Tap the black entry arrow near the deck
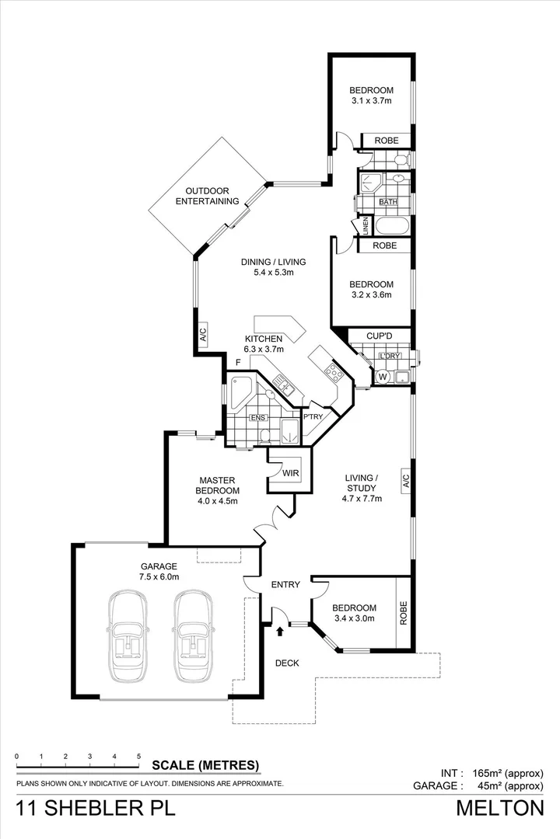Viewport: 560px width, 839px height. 278,630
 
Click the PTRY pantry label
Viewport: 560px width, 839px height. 313,417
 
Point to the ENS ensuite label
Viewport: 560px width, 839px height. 258,418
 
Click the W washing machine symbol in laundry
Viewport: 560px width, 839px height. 382,378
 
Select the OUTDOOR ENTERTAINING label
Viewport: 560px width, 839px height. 206,197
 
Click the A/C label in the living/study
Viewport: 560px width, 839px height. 405,480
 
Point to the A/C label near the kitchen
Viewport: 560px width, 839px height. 202,336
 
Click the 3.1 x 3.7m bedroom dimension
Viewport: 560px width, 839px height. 370,101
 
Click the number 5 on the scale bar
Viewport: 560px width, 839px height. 138,756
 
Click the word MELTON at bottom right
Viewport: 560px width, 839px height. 499,808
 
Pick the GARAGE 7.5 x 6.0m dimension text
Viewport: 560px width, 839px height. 159,577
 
